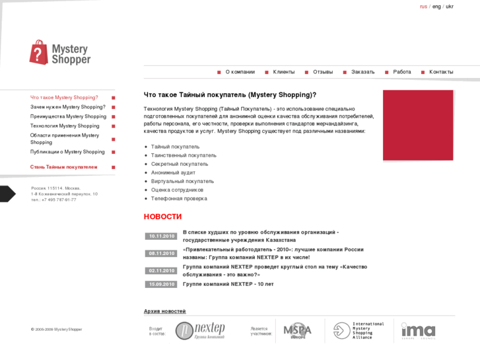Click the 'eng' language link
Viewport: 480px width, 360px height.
tap(436, 7)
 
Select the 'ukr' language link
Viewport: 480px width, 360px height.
tap(450, 7)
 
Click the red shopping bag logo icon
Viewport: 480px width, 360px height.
tap(39, 52)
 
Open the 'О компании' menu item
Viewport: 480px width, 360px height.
tap(240, 72)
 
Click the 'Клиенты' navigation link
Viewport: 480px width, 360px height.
tap(284, 72)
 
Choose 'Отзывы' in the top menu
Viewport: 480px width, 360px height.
tap(323, 72)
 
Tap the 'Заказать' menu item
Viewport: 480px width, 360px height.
tap(362, 72)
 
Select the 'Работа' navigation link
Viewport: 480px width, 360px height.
tap(401, 72)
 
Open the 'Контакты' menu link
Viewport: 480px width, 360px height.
tap(441, 72)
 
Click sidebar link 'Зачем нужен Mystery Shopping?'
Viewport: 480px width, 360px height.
tap(68, 107)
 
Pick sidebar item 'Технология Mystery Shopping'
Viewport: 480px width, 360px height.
tap(65, 126)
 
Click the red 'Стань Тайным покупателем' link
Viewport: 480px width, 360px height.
tap(63, 167)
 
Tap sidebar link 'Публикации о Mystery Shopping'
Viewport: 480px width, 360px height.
tap(67, 152)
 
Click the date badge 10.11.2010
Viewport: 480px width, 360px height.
tap(161, 236)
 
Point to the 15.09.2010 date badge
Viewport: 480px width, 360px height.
tap(161, 284)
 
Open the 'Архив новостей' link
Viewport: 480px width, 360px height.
tap(164, 311)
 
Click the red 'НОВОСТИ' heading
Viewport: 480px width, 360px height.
tap(162, 217)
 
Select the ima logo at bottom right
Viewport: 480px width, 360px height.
tap(418, 330)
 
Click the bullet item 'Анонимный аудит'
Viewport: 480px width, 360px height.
tap(173, 172)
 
